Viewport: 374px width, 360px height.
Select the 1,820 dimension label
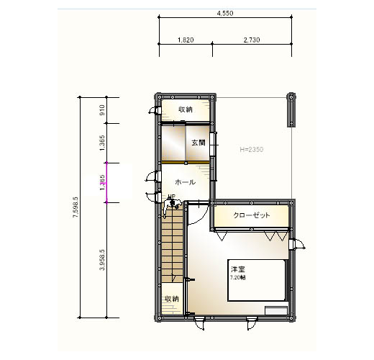click(x=186, y=40)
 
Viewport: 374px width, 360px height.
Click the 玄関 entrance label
click(x=199, y=143)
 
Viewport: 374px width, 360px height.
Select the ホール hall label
click(x=186, y=182)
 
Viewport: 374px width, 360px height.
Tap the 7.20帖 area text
click(x=238, y=276)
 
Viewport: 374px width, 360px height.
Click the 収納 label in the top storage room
click(x=186, y=109)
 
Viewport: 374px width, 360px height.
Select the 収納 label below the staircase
click(x=171, y=298)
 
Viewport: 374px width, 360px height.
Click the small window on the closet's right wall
click(x=295, y=245)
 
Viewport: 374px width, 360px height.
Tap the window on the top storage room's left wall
click(x=154, y=110)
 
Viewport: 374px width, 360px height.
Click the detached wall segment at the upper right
click(x=291, y=109)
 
